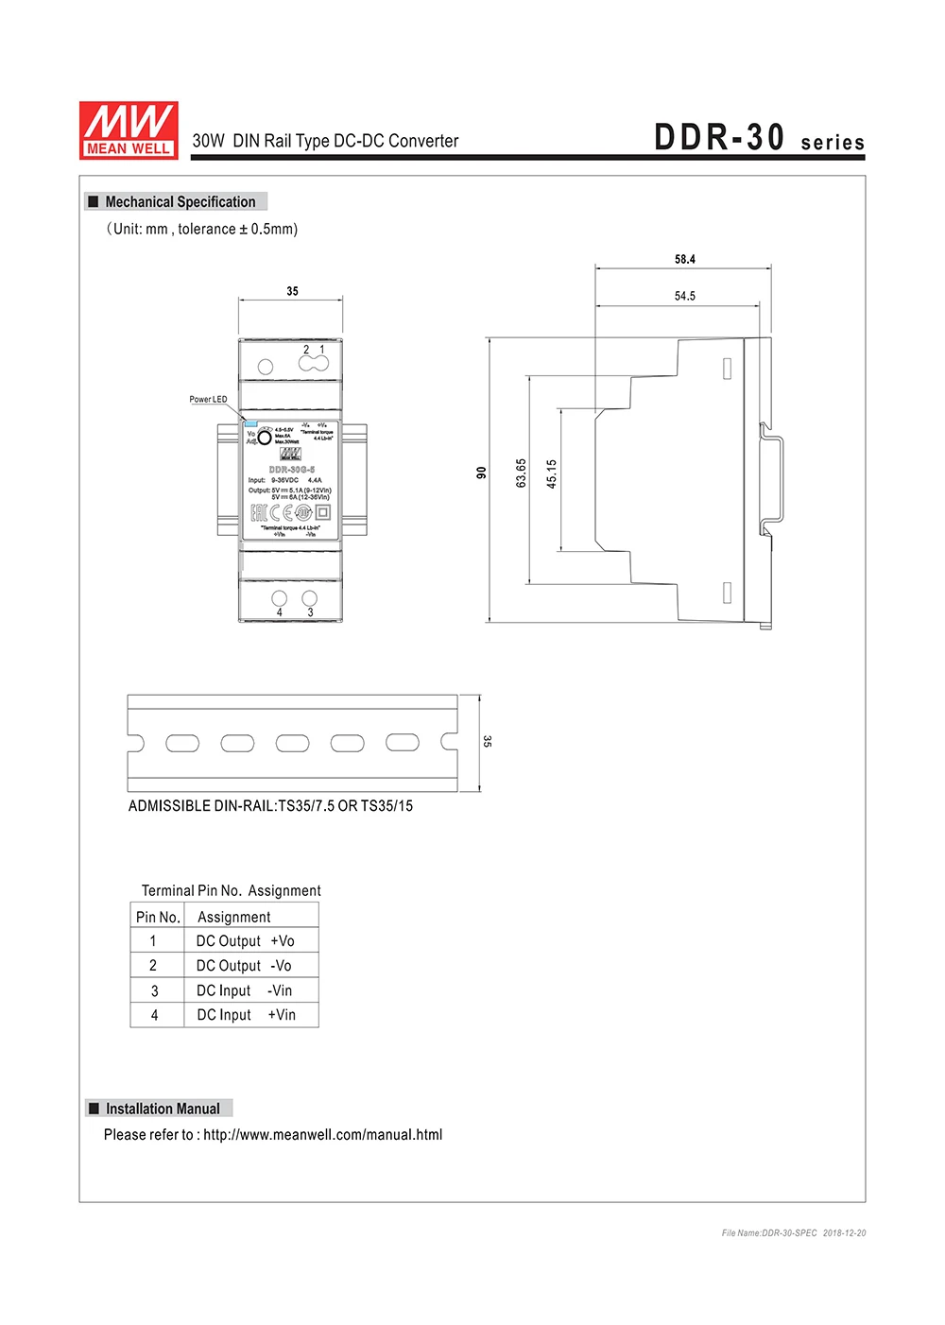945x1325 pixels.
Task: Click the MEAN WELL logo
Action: click(x=129, y=130)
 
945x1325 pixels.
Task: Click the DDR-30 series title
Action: click(x=759, y=139)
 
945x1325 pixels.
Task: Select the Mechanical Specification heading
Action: click(x=180, y=202)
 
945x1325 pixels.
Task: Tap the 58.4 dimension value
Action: click(x=685, y=260)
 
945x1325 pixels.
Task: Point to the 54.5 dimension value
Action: click(x=685, y=297)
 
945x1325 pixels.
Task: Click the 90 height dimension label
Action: click(x=481, y=473)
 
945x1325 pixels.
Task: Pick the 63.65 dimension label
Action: click(x=521, y=473)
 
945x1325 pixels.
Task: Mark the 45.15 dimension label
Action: click(x=552, y=473)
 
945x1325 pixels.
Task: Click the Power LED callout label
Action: click(x=208, y=400)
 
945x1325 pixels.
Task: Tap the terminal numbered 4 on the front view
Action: click(x=280, y=598)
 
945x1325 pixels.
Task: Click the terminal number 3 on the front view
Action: click(x=310, y=598)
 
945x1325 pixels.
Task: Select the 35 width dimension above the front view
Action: click(x=292, y=292)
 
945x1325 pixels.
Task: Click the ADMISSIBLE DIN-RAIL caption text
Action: click(x=270, y=806)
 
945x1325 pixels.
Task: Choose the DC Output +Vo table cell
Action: click(x=246, y=941)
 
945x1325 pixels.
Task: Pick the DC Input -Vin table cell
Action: click(x=245, y=990)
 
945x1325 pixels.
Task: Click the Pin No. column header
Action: click(x=158, y=917)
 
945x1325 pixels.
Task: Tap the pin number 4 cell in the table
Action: click(x=155, y=1015)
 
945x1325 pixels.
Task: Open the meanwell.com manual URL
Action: click(x=322, y=1135)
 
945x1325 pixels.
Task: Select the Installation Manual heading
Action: click(x=163, y=1109)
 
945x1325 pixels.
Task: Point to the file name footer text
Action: click(x=794, y=1233)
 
